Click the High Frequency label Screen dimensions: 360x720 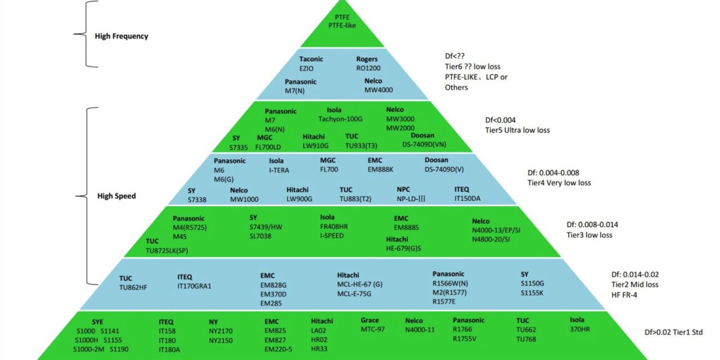121,36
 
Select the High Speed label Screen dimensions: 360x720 116,196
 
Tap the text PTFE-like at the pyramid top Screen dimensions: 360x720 343,25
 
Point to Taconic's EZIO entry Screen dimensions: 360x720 307,69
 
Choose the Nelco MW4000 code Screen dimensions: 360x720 379,90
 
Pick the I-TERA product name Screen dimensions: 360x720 281,170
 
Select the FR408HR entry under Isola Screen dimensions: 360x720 334,227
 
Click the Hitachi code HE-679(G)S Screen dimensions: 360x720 403,249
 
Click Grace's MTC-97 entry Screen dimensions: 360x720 373,329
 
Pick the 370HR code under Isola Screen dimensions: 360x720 579,329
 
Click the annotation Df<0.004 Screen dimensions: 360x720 500,120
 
